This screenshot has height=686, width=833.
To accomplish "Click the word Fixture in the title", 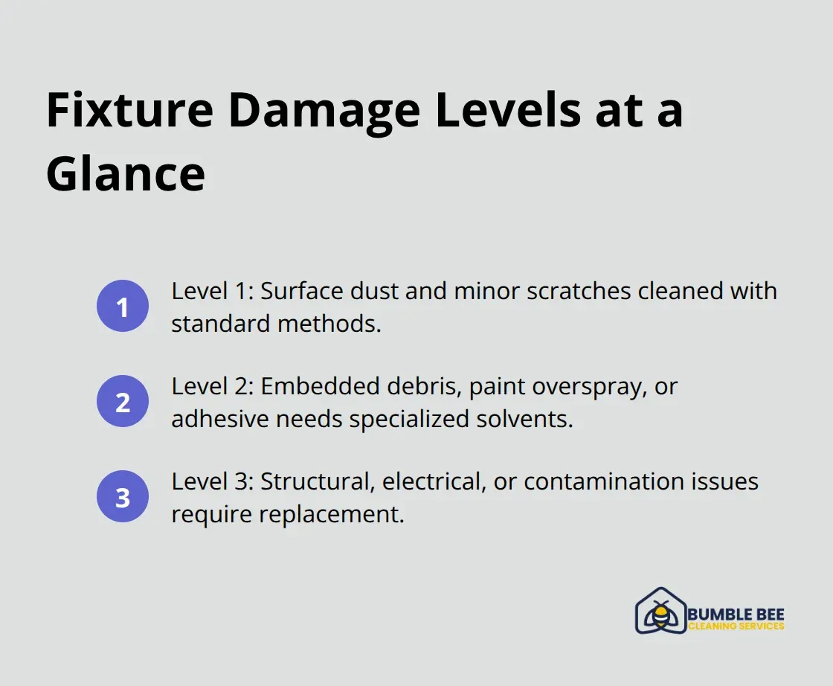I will coord(129,111).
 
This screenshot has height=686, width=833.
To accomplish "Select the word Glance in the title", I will coord(125,174).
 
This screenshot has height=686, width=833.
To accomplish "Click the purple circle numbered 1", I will coord(123,307).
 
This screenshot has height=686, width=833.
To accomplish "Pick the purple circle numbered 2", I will coord(123,402).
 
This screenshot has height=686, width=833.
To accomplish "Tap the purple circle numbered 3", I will coord(123,497).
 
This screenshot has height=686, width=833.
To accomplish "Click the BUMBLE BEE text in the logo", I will coord(736,615).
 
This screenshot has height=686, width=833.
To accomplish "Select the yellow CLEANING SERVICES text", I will coord(736,626).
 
